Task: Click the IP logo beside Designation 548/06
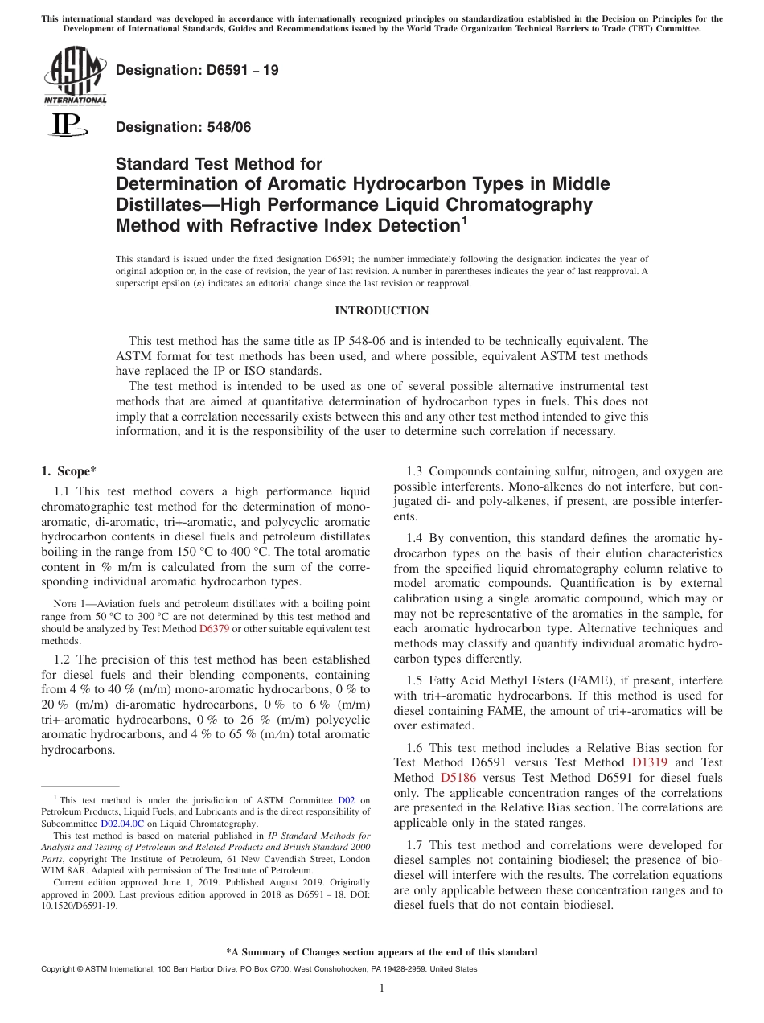click(66, 126)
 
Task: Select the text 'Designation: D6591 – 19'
click(197, 70)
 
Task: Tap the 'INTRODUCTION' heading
click(381, 310)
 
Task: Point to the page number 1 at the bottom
click(382, 988)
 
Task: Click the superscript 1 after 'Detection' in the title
click(463, 220)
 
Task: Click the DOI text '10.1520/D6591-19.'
click(79, 906)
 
